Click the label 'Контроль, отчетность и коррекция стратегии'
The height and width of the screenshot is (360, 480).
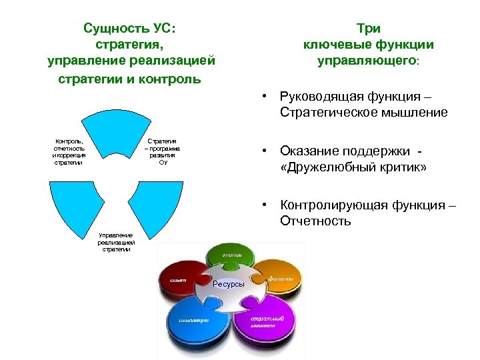point(69,152)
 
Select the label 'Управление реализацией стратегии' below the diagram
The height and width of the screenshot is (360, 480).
point(115,242)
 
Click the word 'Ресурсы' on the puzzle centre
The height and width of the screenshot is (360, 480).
point(229,285)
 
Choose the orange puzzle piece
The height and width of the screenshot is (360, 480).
point(279,274)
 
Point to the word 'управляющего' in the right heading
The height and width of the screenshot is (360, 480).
point(366,61)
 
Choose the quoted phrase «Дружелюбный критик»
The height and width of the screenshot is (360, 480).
point(353,167)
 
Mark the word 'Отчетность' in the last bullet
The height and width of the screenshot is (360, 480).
point(315,221)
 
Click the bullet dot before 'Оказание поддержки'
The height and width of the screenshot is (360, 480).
point(265,151)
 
